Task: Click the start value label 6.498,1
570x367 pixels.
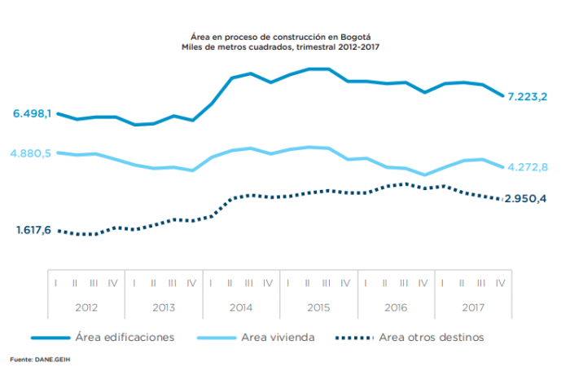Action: (32, 113)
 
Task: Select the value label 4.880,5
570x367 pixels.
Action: (32, 153)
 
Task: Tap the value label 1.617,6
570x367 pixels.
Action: (33, 231)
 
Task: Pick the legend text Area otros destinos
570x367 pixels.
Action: (432, 337)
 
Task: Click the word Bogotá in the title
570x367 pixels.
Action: (364, 37)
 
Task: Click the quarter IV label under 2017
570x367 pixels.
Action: (500, 282)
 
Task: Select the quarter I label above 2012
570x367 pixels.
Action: (55, 282)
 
